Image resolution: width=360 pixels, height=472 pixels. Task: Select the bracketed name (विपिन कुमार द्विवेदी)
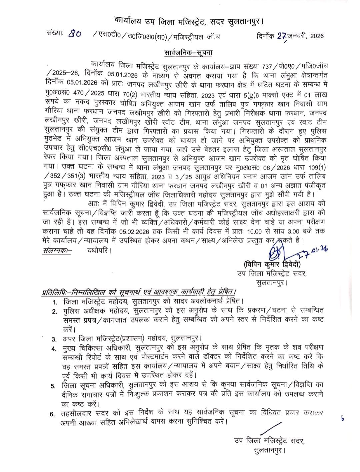click(x=272, y=265)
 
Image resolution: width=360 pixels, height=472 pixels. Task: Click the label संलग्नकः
click(x=57, y=250)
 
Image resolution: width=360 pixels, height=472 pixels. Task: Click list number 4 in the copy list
click(x=54, y=349)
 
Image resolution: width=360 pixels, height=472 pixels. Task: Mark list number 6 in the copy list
click(x=52, y=414)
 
